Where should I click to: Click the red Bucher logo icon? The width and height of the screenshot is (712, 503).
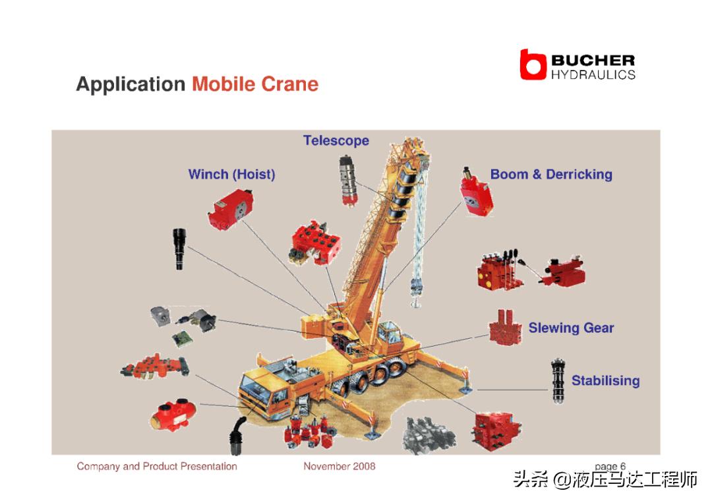coord(533,65)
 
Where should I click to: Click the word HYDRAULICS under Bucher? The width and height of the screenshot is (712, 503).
coord(593,75)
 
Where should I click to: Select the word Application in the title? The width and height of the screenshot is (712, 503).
coord(131,84)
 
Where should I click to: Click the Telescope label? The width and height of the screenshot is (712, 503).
coord(336,140)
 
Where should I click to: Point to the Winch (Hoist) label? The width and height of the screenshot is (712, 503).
coord(231,174)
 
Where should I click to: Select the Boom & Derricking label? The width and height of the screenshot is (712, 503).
coord(551,174)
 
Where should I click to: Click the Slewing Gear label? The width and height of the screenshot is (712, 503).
coord(571,328)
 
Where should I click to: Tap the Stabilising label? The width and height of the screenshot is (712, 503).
coord(605,380)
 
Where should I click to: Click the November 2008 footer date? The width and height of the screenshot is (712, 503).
coord(340,466)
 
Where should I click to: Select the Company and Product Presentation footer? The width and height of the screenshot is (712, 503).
coord(157,466)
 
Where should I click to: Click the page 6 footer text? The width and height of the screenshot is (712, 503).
coord(610,466)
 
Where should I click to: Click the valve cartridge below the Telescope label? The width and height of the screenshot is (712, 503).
coord(348,181)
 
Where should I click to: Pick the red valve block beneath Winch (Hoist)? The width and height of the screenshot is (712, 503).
coord(231,209)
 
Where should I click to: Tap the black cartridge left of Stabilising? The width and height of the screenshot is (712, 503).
coord(558,380)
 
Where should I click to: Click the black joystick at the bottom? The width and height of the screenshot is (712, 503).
coord(237,435)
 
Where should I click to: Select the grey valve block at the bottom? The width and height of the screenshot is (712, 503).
coord(429,435)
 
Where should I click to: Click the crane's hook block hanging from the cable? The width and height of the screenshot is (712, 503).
coord(416,291)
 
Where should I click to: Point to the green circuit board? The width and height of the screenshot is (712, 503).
coord(182,339)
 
